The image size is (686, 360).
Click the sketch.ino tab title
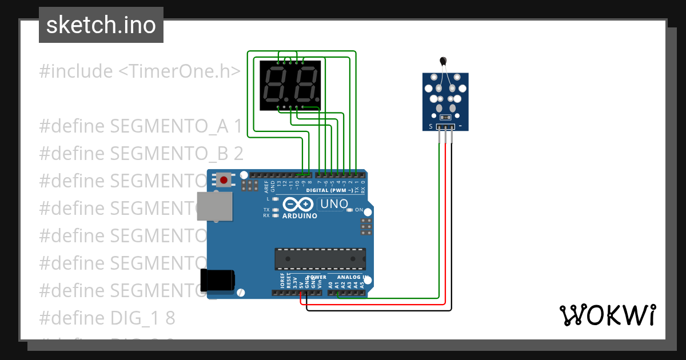click(101, 25)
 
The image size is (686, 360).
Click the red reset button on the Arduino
click(224, 180)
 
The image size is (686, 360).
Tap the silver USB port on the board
click(215, 206)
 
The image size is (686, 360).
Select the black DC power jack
click(218, 280)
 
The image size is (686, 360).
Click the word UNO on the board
click(334, 204)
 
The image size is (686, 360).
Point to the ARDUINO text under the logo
click(300, 216)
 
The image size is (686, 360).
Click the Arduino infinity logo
click(298, 204)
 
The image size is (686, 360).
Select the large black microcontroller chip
click(320, 258)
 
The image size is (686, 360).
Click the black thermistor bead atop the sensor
click(442, 61)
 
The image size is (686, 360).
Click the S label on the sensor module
click(430, 126)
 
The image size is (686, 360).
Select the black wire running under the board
click(377, 310)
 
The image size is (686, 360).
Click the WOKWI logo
click(607, 315)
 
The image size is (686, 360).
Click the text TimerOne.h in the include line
click(179, 71)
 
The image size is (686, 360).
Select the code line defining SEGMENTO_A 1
click(141, 126)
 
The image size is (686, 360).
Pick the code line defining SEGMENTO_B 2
click(141, 153)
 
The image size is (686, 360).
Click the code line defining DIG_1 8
click(107, 318)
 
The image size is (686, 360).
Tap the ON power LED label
click(359, 210)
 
